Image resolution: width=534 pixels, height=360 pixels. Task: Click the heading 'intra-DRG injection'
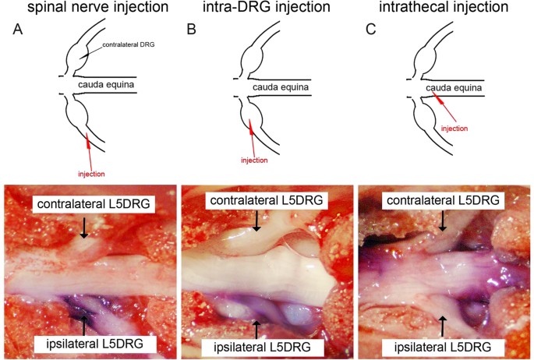point(259,10)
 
